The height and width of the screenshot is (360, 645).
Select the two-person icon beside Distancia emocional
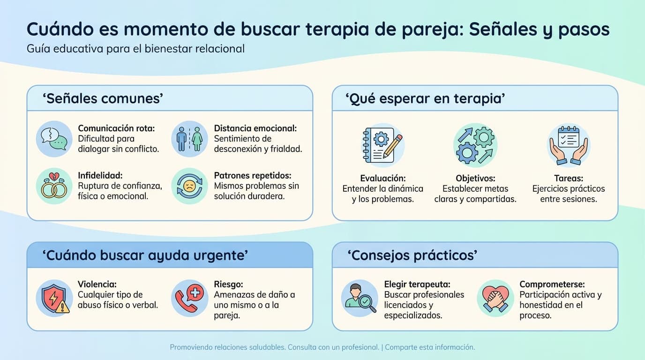click(x=189, y=139)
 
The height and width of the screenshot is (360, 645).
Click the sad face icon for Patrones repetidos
click(x=189, y=186)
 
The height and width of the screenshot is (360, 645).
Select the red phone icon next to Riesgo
click(x=189, y=299)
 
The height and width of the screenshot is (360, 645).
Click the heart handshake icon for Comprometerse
click(x=495, y=299)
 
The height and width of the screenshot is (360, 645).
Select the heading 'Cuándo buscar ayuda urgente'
click(x=145, y=255)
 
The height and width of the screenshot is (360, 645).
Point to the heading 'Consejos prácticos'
click(x=412, y=255)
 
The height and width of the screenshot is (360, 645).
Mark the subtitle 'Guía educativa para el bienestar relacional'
click(x=135, y=49)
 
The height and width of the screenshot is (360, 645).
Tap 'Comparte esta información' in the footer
click(x=430, y=347)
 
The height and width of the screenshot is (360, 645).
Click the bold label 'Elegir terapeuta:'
click(x=417, y=284)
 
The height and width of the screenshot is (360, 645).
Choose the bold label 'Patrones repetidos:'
click(x=253, y=175)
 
